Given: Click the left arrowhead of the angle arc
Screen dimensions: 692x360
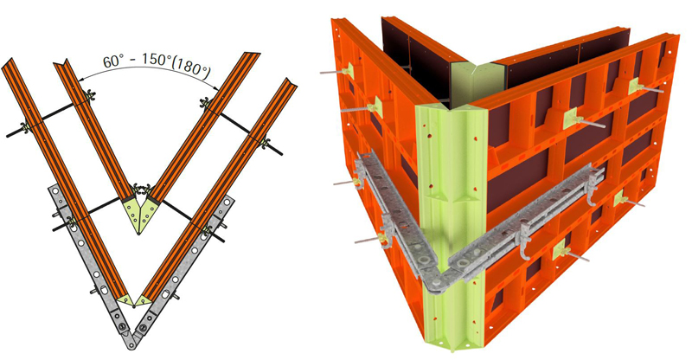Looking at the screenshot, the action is tap(81, 80).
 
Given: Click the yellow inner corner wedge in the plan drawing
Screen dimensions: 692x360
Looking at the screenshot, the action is tap(138, 214).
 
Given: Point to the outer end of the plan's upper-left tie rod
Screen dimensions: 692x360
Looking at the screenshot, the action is tap(9, 136).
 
